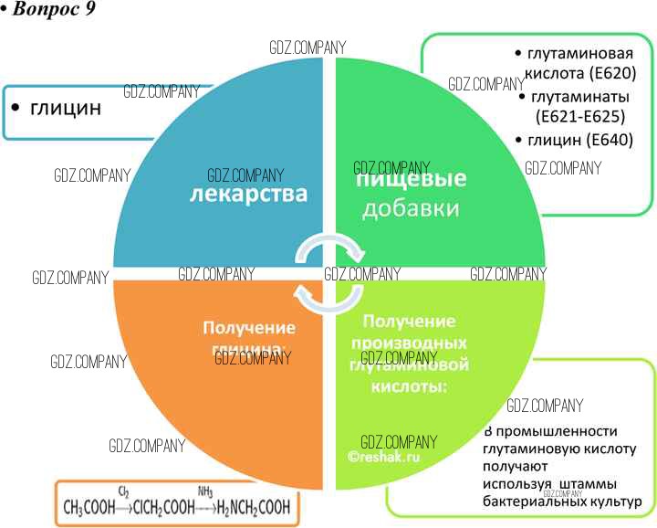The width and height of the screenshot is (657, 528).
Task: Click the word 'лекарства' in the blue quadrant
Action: coord(248,195)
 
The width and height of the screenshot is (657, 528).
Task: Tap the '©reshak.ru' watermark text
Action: coord(383,456)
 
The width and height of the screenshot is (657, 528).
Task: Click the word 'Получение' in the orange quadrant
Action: coord(249,327)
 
